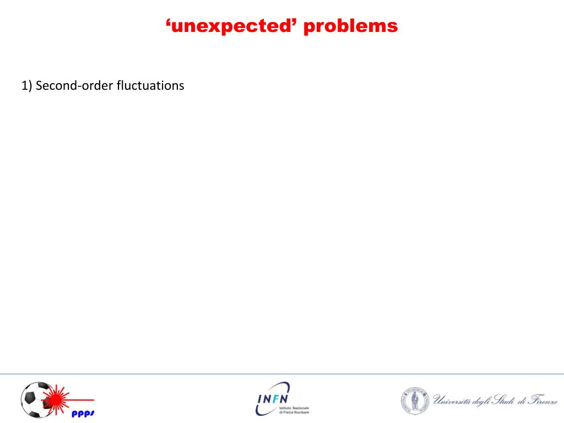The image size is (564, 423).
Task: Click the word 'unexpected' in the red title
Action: [231, 26]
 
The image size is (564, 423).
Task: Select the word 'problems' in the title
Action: [351, 26]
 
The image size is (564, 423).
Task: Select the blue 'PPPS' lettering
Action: [83, 414]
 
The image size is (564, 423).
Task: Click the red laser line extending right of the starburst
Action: [82, 400]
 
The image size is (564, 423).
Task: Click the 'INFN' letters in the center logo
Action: [273, 399]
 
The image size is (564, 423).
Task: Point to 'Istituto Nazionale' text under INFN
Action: [294, 408]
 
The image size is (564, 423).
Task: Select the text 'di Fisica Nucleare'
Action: [294, 412]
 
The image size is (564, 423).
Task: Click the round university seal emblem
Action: [415, 401]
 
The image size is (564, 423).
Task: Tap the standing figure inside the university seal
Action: [415, 401]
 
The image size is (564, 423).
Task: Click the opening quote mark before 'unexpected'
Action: [168, 22]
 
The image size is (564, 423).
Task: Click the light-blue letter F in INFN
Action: [275, 399]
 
